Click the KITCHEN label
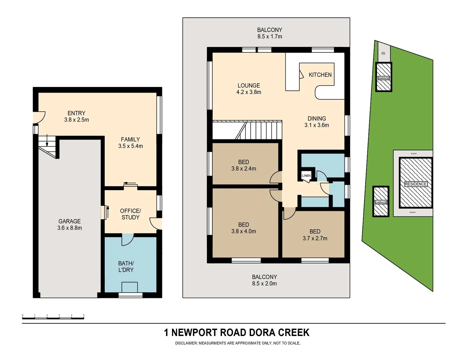click(x=320, y=75)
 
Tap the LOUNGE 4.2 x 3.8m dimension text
click(x=249, y=92)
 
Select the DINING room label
click(x=317, y=119)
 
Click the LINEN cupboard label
click(x=306, y=176)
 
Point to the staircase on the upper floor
click(x=260, y=130)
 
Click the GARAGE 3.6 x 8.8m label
click(x=69, y=225)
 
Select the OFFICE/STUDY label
click(x=130, y=214)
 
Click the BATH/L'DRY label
click(x=126, y=267)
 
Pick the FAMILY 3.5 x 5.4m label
click(x=130, y=143)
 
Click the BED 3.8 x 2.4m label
click(x=244, y=165)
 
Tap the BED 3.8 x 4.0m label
click(x=244, y=228)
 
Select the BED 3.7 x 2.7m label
click(x=315, y=235)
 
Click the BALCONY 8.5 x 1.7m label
click(x=269, y=33)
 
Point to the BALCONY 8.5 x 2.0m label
click(x=264, y=280)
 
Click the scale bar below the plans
click(x=53, y=317)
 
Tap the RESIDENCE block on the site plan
click(x=415, y=184)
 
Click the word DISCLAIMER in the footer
click(x=186, y=343)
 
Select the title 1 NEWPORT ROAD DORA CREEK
click(x=236, y=333)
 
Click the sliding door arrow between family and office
click(x=130, y=183)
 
